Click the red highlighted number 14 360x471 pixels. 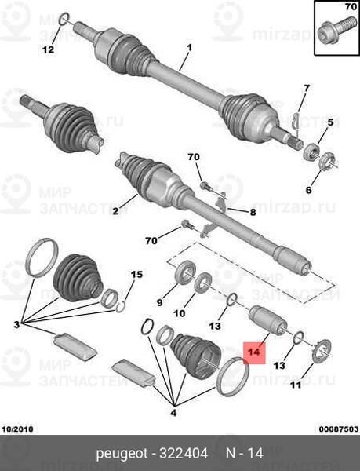click(x=254, y=352)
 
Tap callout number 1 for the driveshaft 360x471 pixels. click(x=189, y=48)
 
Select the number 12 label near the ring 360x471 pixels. click(x=48, y=49)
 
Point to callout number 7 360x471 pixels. click(x=307, y=88)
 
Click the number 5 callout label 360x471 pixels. click(x=330, y=122)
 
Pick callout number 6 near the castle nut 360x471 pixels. click(x=309, y=190)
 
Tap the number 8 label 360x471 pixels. click(x=253, y=213)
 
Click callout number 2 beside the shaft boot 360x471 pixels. click(x=115, y=211)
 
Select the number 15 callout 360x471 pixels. click(x=136, y=274)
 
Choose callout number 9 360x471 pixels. click(x=159, y=302)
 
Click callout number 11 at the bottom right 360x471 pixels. click(x=296, y=385)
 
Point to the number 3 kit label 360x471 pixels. click(x=16, y=324)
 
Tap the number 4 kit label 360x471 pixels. click(x=173, y=413)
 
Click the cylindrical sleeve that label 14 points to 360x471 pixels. click(x=268, y=320)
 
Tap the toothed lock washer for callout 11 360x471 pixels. click(x=322, y=351)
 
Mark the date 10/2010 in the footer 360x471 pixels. click(x=18, y=429)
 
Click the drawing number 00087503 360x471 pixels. click(x=339, y=429)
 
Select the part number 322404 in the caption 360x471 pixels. click(x=184, y=453)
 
